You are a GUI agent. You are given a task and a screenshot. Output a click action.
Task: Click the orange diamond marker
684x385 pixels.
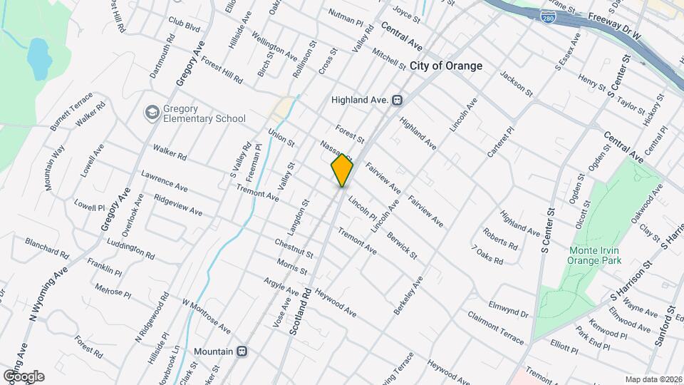tap(342, 170)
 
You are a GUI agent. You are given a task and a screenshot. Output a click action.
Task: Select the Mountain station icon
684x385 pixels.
tap(242, 351)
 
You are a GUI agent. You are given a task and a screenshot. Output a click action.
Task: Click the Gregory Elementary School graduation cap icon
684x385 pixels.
tap(152, 113)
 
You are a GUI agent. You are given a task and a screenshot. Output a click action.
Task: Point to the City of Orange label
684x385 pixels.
tap(446, 66)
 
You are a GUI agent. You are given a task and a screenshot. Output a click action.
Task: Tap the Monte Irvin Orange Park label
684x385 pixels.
tap(594, 255)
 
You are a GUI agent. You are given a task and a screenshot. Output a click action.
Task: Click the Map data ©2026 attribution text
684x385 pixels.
tap(653, 379)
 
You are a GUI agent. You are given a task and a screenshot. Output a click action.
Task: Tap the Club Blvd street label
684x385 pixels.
tap(185, 25)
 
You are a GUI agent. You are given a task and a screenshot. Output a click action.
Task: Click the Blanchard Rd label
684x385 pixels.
tap(46, 247)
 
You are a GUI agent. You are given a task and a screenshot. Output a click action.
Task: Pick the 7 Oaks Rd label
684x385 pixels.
tap(487, 255)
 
